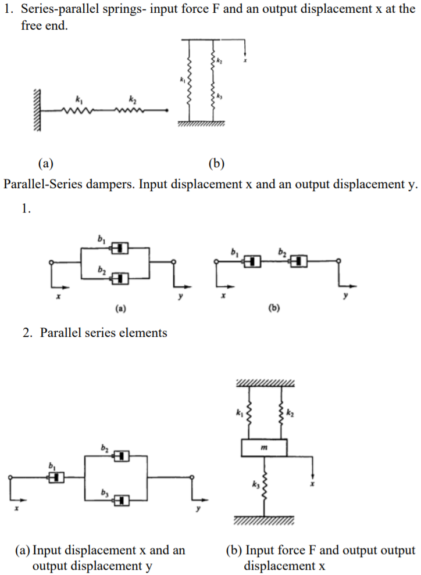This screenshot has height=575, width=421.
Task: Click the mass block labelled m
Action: pos(263,448)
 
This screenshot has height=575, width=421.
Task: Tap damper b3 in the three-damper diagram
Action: pos(121,499)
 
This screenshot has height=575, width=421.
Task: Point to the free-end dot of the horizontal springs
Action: pos(167,109)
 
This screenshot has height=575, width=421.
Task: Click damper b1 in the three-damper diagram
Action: pos(56,477)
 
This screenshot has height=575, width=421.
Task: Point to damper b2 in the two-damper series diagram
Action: pos(299,261)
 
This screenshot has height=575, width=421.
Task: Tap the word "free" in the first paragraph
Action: pos(32,26)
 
